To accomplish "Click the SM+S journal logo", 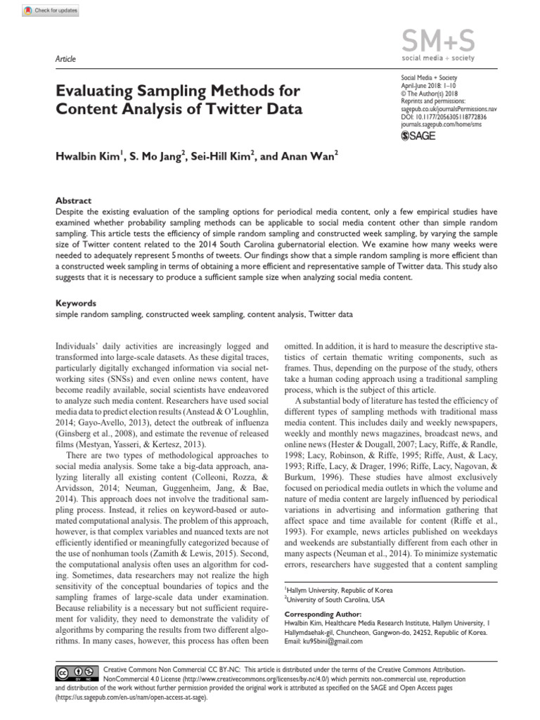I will [436, 43].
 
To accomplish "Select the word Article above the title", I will [65, 59].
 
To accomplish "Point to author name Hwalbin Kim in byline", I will [87, 156].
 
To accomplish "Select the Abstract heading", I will [73, 200].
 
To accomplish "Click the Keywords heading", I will [75, 303].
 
